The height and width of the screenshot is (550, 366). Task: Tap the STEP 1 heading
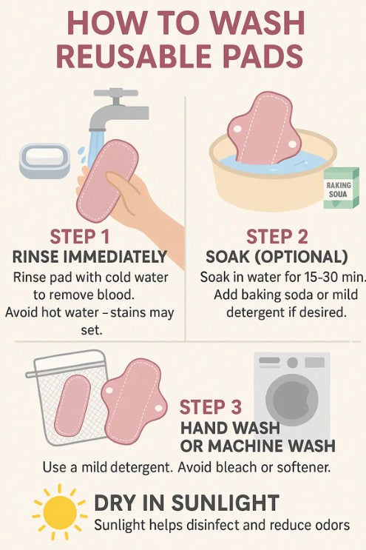click(81, 238)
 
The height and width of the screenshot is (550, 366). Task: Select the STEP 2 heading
click(277, 237)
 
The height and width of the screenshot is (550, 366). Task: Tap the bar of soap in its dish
click(44, 158)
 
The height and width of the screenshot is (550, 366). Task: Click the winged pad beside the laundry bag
click(134, 399)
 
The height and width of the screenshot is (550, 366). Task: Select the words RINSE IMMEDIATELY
click(89, 258)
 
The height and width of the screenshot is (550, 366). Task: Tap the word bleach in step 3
click(248, 469)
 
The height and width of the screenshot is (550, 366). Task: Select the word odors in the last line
click(328, 525)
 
